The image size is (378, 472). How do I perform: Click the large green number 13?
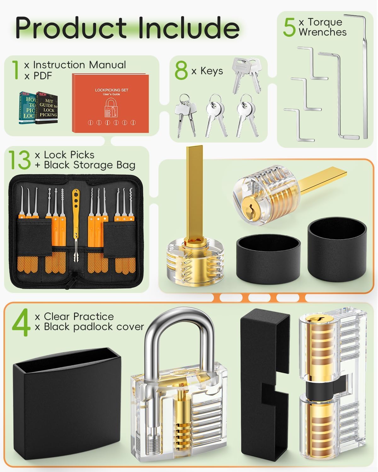point(20,160)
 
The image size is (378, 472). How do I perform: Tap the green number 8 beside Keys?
point(181,71)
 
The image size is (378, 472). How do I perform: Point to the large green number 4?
point(21,322)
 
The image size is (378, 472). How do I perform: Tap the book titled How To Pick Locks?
point(28,108)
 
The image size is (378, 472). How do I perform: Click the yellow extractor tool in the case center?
point(76,227)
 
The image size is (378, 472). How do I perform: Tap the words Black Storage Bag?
point(90,165)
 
